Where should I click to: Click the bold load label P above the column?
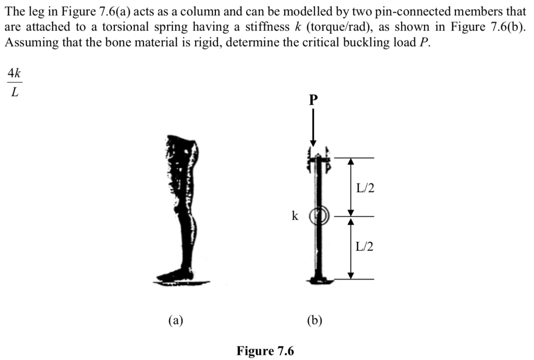tap(313, 100)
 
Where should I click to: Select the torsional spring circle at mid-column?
tap(318, 216)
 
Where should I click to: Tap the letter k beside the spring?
tap(295, 215)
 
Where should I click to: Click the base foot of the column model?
tap(318, 280)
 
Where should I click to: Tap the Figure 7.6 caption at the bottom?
tap(265, 351)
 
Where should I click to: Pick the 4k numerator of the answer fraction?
tap(14, 74)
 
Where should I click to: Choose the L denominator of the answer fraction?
tap(14, 92)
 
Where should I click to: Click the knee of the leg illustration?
tap(184, 209)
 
